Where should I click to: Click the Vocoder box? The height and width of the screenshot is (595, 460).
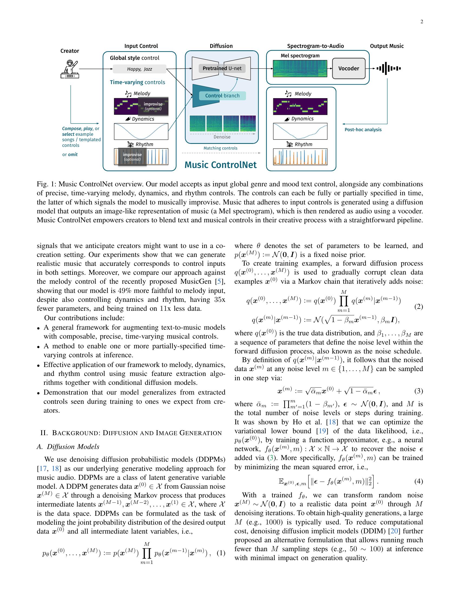[x=349, y=68]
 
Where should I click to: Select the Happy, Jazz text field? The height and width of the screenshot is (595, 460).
[x=140, y=69]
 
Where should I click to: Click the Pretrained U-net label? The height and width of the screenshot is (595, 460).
[x=222, y=68]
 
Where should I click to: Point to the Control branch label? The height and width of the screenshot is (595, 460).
[x=222, y=96]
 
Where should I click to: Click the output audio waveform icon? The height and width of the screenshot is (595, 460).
[x=388, y=68]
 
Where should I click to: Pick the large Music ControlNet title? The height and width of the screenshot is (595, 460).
[x=221, y=165]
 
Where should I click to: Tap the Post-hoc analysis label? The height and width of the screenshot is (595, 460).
[x=363, y=130]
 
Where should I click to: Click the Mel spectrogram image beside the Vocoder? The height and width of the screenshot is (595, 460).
[x=300, y=68]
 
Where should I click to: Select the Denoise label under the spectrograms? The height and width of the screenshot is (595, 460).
[x=222, y=137]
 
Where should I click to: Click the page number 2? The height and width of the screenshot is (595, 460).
[x=422, y=22]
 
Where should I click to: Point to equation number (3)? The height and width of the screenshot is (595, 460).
[x=419, y=391]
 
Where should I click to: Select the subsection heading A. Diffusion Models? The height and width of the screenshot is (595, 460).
[x=68, y=447]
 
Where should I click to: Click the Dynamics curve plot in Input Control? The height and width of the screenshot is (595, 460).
[x=141, y=131]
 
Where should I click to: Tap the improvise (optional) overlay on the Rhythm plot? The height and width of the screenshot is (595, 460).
[x=132, y=157]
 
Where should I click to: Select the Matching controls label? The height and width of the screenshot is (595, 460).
[x=221, y=148]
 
